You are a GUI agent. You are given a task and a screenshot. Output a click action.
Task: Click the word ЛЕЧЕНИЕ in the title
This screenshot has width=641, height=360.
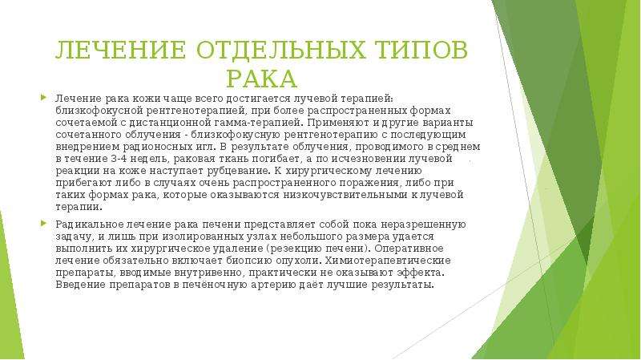[x=121, y=50]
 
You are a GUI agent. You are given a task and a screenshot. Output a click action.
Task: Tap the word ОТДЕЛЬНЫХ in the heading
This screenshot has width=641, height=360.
[x=281, y=50]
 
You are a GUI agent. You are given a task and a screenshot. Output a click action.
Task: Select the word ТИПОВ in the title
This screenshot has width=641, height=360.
[x=421, y=50]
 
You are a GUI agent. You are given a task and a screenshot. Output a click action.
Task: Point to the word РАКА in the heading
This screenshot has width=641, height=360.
[x=262, y=79]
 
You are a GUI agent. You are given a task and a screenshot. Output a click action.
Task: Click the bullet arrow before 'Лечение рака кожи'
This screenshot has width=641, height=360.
[x=43, y=97]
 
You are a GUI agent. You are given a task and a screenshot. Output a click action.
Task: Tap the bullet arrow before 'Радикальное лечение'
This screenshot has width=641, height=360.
[x=43, y=224]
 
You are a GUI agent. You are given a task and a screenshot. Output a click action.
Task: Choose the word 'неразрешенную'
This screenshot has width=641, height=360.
[x=424, y=224]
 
